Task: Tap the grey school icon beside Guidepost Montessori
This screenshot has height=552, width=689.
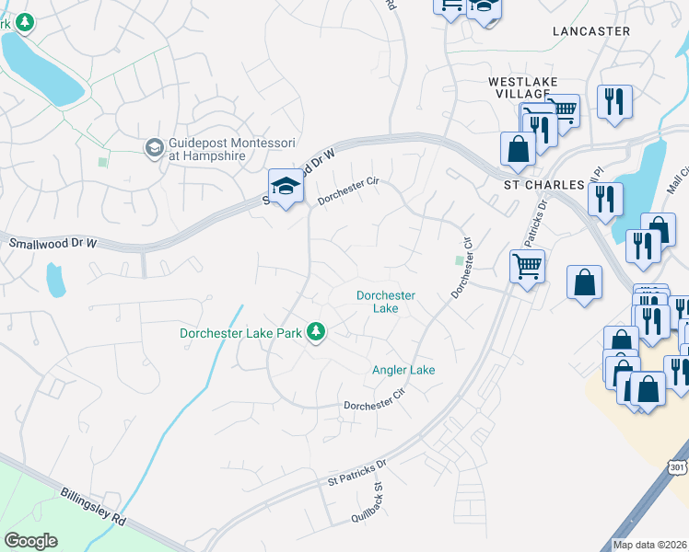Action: click(154, 147)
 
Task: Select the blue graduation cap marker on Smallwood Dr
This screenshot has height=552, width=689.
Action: click(286, 187)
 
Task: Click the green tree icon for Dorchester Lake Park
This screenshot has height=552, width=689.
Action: click(317, 331)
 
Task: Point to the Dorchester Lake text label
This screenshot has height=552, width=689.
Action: click(386, 302)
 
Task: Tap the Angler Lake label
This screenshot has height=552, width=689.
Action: click(403, 370)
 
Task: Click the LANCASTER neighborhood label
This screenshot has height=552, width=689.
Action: click(591, 31)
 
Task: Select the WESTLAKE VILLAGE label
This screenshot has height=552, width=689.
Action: click(524, 88)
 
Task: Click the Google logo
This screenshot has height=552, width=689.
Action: click(30, 541)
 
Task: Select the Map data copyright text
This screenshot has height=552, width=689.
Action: click(649, 545)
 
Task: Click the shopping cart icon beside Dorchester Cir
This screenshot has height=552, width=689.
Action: click(527, 268)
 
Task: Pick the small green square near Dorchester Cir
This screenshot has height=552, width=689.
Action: click(460, 260)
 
